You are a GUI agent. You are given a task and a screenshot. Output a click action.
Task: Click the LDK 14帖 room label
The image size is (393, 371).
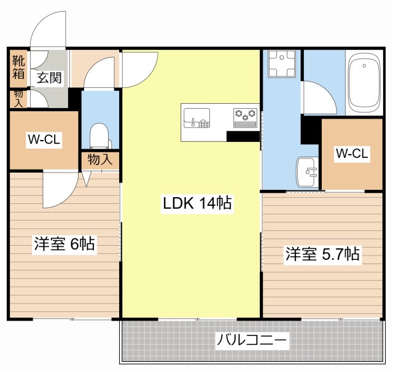(x=197, y=204)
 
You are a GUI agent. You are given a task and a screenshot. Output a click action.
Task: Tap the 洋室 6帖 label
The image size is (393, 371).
(x=64, y=244)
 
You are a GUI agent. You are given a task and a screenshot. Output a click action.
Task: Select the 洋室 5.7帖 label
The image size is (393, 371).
(x=322, y=254)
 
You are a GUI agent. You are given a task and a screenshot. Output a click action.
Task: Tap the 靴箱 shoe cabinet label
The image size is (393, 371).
(x=18, y=68)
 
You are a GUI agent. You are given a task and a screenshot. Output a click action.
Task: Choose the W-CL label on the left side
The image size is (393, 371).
(x=43, y=139)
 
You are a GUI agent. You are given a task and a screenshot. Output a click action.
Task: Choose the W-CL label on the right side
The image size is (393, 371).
(x=351, y=154)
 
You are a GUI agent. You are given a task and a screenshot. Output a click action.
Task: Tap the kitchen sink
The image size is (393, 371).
(x=197, y=117)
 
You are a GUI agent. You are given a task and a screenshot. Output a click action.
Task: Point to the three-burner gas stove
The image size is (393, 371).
(x=246, y=115)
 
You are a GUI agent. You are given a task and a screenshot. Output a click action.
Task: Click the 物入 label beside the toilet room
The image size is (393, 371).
(x=99, y=160)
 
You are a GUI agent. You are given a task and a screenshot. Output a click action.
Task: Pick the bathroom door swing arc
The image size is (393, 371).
(x=319, y=98)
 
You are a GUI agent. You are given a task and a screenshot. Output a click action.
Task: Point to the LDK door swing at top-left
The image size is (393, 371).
(x=140, y=69)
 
